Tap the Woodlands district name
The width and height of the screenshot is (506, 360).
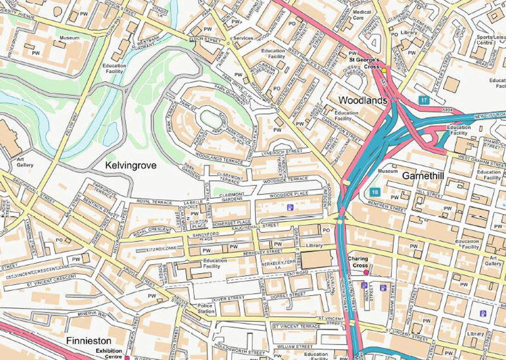[363, 100]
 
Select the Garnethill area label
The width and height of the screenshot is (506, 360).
[423, 176]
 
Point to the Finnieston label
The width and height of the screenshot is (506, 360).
[89, 341]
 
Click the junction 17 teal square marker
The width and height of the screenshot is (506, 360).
[424, 99]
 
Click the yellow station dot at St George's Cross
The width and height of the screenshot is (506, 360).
[384, 70]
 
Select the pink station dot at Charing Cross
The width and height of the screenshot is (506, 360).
[366, 273]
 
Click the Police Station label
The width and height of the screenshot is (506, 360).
[205, 308]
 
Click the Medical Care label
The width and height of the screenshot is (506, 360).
[362, 15]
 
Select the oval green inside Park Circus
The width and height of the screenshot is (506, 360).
[212, 121]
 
